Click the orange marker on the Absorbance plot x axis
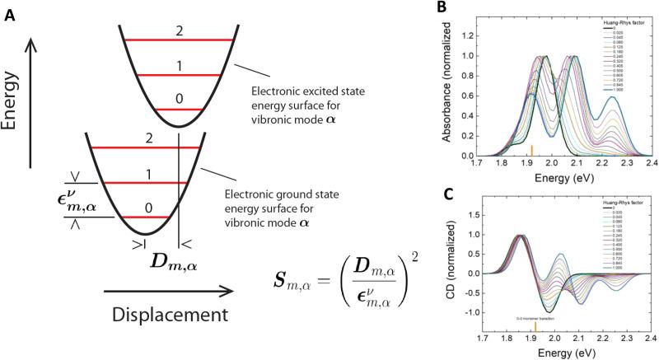[x=531, y=150]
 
